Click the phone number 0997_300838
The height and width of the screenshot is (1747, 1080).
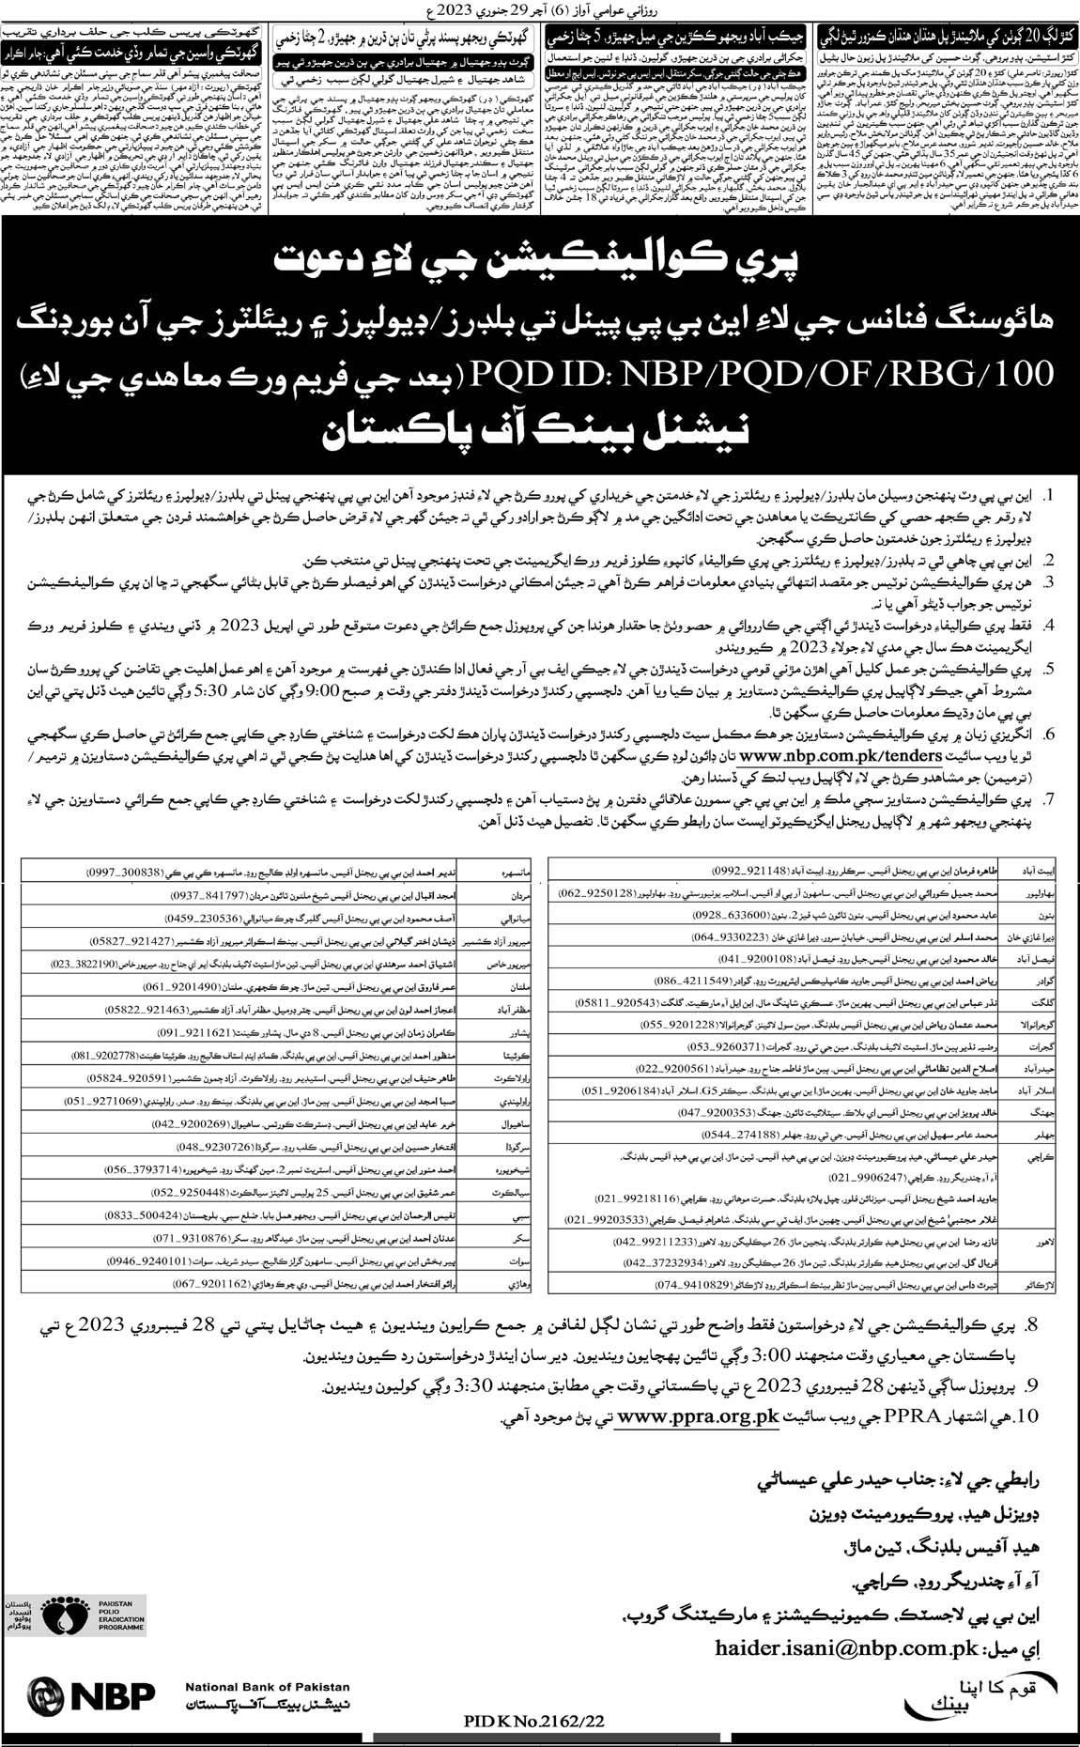(x=119, y=872)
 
